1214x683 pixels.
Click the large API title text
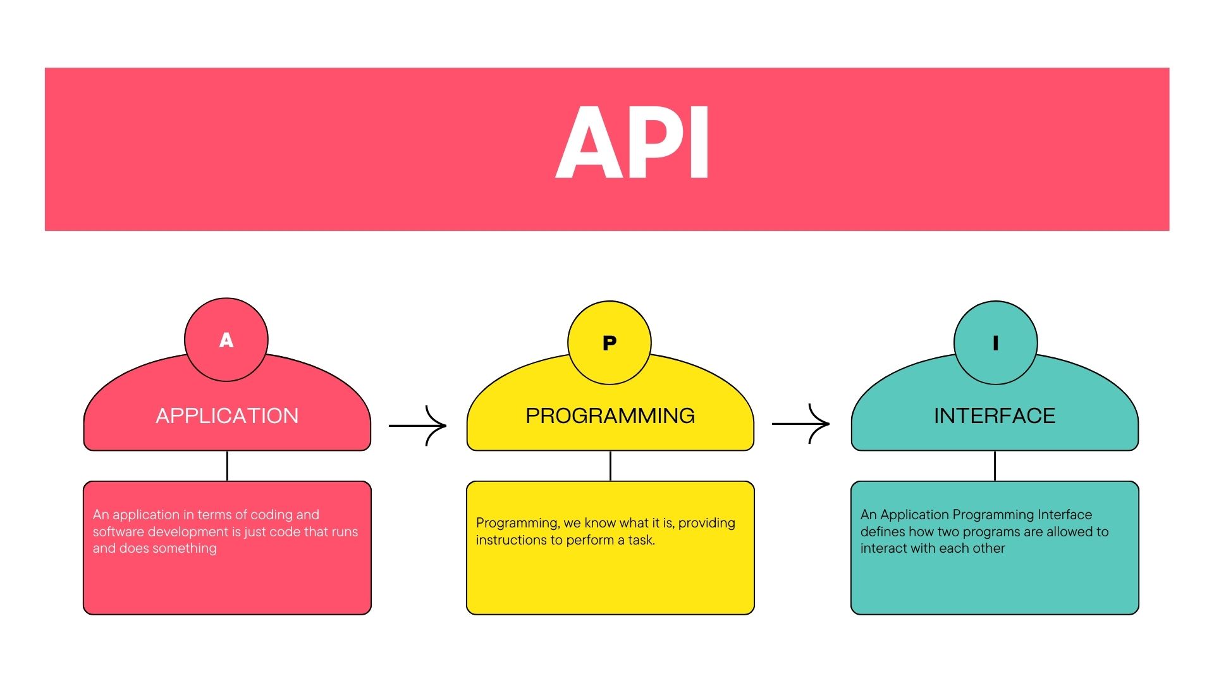[632, 142]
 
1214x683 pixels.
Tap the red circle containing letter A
[226, 340]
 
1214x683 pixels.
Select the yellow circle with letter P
[610, 343]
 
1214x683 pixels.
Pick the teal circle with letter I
[995, 343]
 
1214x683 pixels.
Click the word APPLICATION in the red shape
[227, 415]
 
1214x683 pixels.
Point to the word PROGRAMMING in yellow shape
[610, 415]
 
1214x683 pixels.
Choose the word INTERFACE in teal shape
[995, 415]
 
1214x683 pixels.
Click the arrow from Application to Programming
[418, 426]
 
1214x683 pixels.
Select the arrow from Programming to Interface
[800, 423]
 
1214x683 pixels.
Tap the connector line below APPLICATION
[227, 466]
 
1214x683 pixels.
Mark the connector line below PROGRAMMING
[610, 466]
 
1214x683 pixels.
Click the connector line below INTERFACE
[995, 466]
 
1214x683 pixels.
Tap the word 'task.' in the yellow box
[641, 540]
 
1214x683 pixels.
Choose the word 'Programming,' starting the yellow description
[518, 524]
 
